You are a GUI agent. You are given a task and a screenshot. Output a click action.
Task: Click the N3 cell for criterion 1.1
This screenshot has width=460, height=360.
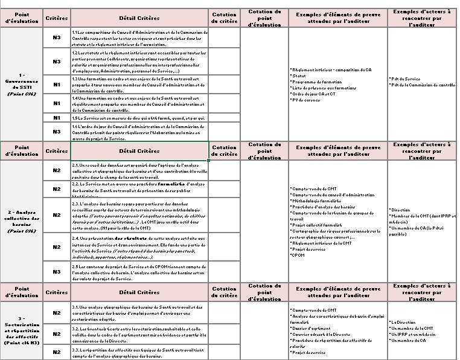56,38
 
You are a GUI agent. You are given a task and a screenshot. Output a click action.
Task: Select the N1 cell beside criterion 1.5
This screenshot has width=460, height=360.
56,117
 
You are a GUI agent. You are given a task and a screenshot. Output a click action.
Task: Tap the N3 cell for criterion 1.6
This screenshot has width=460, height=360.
56,130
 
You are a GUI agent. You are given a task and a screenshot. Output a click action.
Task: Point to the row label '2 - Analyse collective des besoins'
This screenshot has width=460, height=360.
22,220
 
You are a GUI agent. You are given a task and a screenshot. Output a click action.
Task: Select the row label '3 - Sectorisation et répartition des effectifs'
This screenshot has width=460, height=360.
22,333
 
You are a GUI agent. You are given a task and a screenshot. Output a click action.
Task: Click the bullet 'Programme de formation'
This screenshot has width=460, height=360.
316,82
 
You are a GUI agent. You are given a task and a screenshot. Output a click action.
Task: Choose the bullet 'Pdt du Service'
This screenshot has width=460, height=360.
406,79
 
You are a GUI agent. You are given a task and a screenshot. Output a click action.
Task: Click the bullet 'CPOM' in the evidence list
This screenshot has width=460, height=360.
298,255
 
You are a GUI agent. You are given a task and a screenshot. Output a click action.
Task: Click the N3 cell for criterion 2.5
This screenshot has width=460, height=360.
56,272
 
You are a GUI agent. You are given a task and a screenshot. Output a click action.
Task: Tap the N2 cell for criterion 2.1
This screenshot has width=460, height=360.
56,170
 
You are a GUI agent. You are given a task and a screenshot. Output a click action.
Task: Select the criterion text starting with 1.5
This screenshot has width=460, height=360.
139,117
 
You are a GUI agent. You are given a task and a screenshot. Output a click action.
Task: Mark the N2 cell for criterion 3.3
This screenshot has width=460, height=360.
56,352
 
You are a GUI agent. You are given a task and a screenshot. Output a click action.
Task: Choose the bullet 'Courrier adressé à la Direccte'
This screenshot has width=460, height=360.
322,334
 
